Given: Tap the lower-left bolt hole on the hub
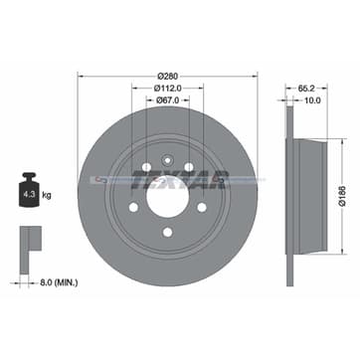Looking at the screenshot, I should point(133,208).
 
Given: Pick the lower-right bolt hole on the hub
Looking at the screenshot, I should point(202,208).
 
